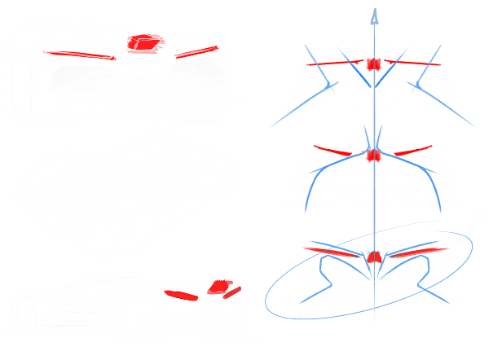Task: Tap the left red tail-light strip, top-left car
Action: click(81, 54)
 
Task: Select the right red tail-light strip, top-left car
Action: click(199, 50)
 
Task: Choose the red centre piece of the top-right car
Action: click(374, 64)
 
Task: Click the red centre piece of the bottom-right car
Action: click(374, 257)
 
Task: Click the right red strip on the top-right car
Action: click(412, 60)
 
